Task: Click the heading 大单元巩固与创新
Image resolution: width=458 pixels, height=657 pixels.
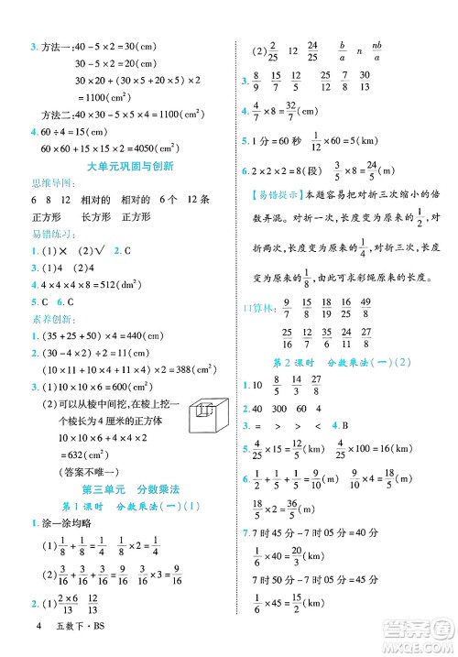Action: [x=123, y=166]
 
